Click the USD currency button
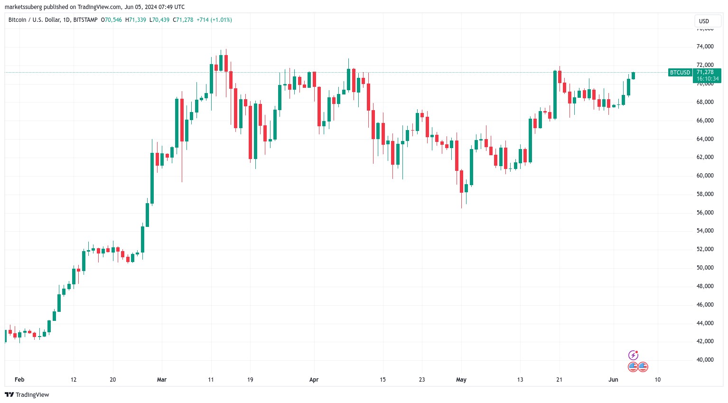[704, 21]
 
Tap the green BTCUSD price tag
[680, 73]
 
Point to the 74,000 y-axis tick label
[705, 47]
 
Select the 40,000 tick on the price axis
[705, 360]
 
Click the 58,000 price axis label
[705, 194]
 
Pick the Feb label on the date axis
[19, 380]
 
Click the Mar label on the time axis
[162, 380]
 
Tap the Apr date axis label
[314, 380]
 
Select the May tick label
[461, 380]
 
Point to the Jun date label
[614, 380]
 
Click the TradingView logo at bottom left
[27, 395]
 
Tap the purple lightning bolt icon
[633, 355]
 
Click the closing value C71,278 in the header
[183, 20]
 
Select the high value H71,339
[136, 20]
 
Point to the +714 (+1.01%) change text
[215, 20]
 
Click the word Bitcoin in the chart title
[18, 20]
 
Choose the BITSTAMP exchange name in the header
[85, 20]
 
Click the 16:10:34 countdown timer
[708, 79]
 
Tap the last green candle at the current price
[633, 75]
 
